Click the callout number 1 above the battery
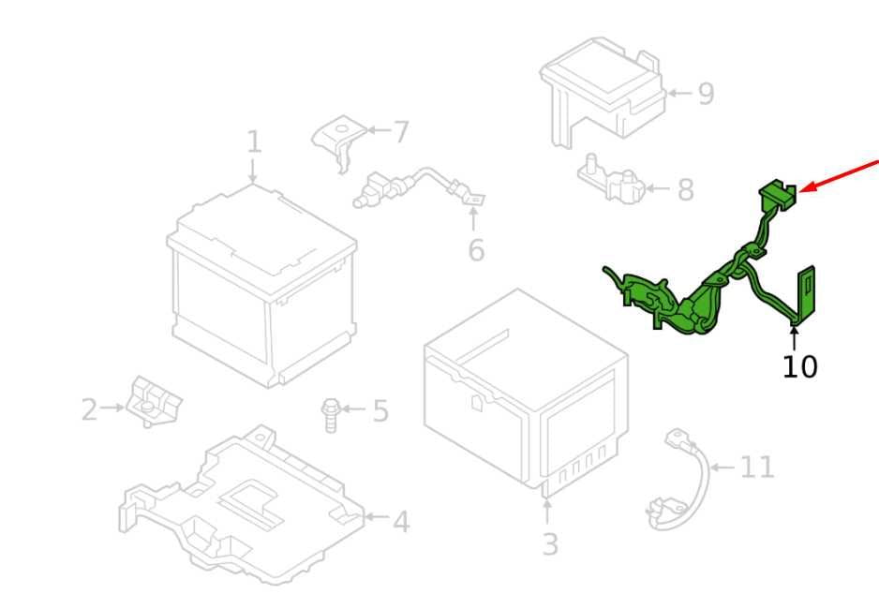(254, 141)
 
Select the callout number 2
(89, 409)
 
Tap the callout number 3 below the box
(550, 544)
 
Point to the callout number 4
(401, 522)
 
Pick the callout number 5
(380, 410)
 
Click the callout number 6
(476, 250)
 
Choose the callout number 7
(401, 132)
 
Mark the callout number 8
(686, 190)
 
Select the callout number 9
(707, 94)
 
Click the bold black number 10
(799, 367)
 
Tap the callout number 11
(757, 467)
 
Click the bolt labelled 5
(331, 415)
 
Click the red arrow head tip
(798, 191)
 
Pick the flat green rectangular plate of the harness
(806, 294)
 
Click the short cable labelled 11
(678, 480)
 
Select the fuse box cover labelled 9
(603, 90)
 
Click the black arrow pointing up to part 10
(794, 339)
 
